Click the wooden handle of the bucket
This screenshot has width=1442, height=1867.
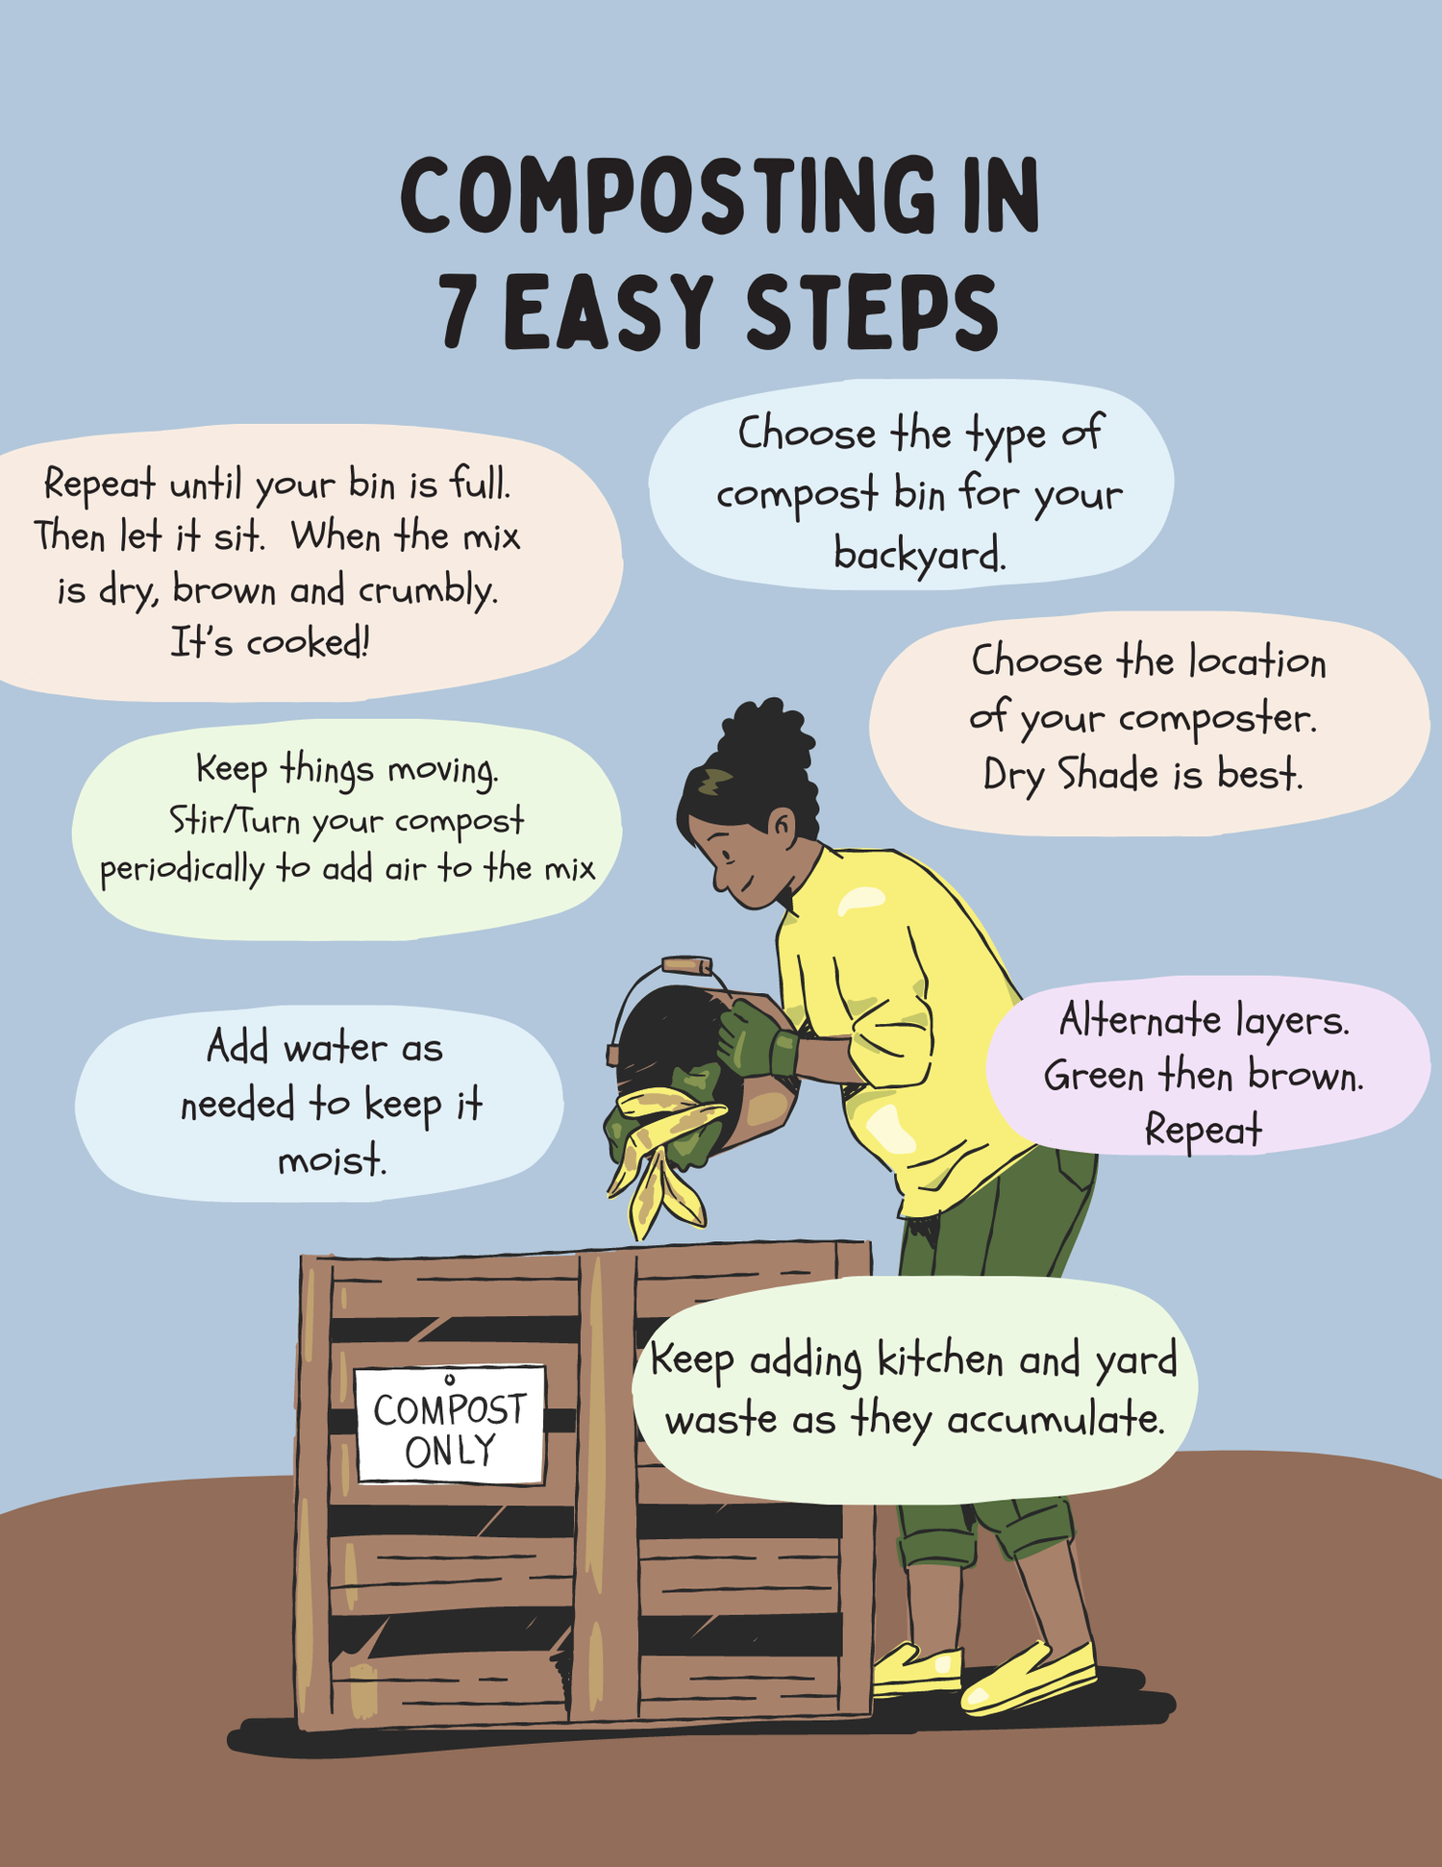click(x=686, y=964)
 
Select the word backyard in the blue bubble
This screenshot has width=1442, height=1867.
click(x=919, y=555)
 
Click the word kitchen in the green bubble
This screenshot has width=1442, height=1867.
click(x=941, y=1360)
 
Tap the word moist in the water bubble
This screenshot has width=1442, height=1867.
click(x=332, y=1161)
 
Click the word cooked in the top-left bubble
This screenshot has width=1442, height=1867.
click(x=307, y=642)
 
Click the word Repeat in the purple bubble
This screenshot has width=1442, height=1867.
click(x=1202, y=1130)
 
